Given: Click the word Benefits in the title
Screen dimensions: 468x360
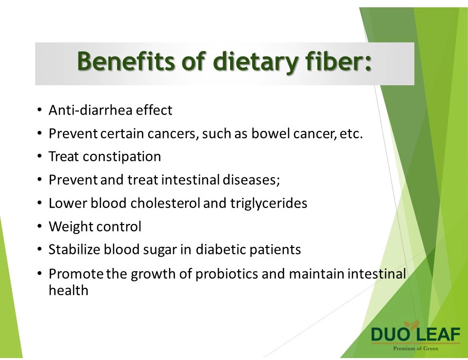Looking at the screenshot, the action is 126,61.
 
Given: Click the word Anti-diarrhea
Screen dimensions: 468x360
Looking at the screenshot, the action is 91,110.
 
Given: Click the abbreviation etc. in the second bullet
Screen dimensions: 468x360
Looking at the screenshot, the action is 351,134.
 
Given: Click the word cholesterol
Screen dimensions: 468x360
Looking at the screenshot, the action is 165,203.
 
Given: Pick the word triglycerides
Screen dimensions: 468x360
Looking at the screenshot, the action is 269,204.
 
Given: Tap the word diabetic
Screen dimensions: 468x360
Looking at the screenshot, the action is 221,249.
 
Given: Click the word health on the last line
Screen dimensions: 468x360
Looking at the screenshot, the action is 68,290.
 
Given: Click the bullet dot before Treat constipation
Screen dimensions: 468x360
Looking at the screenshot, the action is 39,156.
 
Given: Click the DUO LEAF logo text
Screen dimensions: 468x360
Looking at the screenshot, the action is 415,334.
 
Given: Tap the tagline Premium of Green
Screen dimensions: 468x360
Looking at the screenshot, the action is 415,348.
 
